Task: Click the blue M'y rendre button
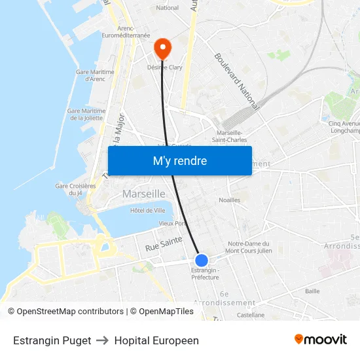point(179,160)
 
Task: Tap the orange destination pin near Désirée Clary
point(162,48)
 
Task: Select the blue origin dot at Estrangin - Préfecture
point(202,260)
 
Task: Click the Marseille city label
point(144,194)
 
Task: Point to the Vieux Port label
point(171,223)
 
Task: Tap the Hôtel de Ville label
point(147,210)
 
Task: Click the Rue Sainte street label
point(164,243)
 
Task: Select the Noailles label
point(229,200)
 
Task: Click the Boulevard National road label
point(236,81)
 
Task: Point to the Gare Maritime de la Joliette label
point(86,115)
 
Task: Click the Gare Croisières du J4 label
point(75,189)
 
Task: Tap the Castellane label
point(250,315)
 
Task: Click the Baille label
point(312,291)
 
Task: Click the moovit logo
point(320,340)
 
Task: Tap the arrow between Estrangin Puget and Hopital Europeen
point(102,340)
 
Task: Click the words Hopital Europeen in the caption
point(156,340)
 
